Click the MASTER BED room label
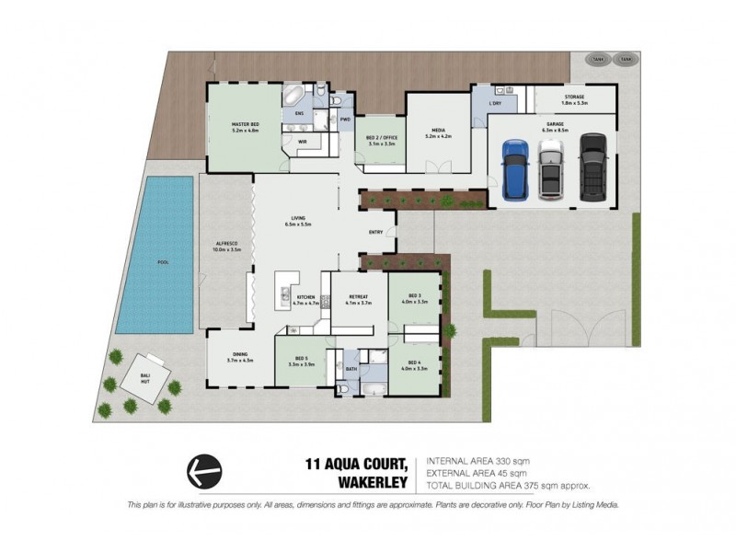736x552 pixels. [x=245, y=127]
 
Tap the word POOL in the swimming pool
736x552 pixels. [x=163, y=262]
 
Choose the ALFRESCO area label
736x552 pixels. [x=225, y=247]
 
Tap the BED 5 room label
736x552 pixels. [x=302, y=361]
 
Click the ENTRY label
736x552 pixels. [x=375, y=232]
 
